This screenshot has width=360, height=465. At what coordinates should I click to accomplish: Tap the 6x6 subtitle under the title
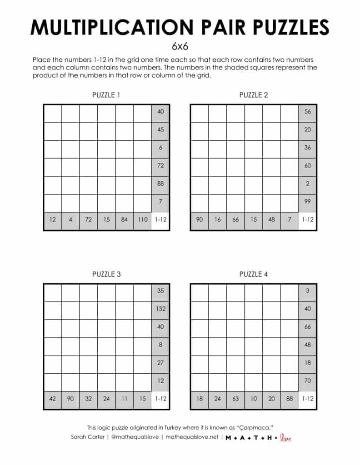click(x=180, y=46)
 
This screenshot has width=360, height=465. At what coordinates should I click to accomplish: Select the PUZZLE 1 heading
click(x=106, y=95)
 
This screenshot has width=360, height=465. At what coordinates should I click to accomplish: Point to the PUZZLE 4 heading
click(x=253, y=274)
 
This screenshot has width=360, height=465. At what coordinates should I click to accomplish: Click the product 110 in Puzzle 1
click(x=142, y=220)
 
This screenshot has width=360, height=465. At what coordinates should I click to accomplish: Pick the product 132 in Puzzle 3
click(x=160, y=309)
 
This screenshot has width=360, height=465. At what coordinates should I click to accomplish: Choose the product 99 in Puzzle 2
click(x=308, y=202)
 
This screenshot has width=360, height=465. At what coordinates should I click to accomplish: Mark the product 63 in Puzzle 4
click(x=235, y=399)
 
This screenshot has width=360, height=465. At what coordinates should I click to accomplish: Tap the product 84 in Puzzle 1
click(x=125, y=220)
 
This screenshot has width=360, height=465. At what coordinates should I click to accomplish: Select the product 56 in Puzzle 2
click(x=308, y=112)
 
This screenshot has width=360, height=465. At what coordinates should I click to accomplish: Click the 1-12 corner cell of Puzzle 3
click(x=160, y=399)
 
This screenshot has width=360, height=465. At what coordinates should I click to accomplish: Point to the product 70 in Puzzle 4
click(x=308, y=381)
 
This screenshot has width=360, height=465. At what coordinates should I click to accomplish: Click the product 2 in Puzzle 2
click(x=308, y=183)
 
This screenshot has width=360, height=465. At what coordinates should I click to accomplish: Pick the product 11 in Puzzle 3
click(x=125, y=399)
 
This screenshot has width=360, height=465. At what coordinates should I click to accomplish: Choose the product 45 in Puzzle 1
click(x=160, y=129)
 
